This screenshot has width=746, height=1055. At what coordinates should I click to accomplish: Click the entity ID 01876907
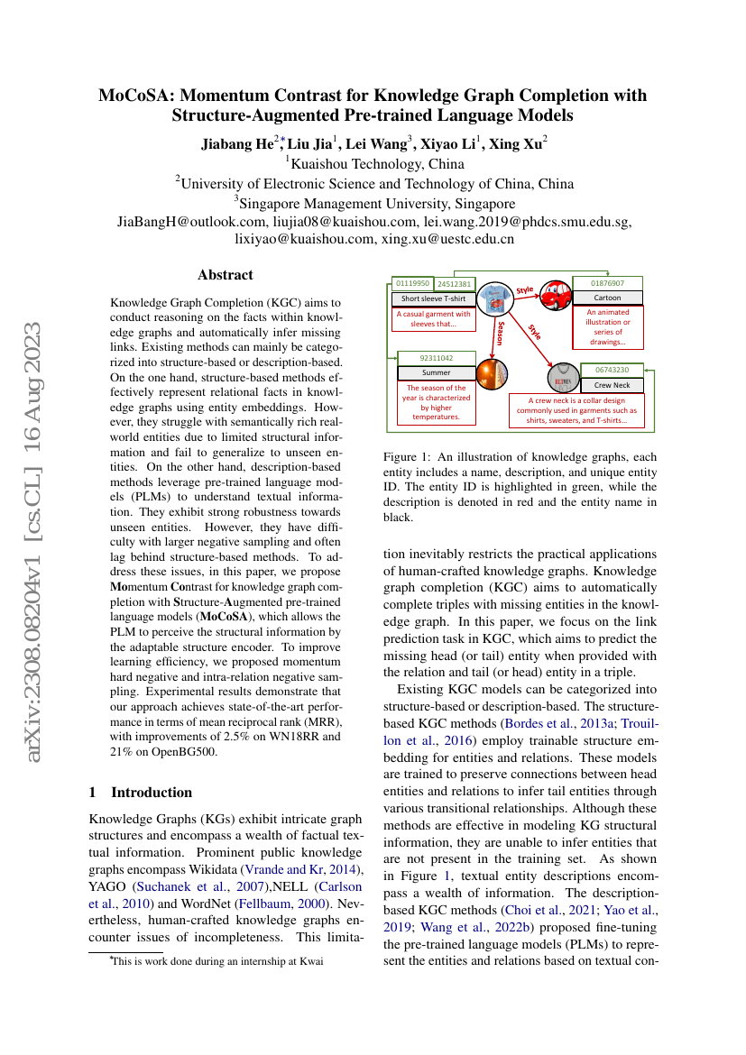[x=607, y=283]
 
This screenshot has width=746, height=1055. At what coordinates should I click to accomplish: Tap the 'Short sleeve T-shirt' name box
[x=433, y=298]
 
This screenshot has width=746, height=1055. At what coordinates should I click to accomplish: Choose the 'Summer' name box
[x=436, y=372]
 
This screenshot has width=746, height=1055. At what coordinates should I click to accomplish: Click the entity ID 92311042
[x=436, y=358]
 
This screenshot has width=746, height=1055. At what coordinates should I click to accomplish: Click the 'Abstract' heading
[x=226, y=275]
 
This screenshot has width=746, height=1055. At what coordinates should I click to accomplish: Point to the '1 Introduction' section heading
[x=141, y=793]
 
